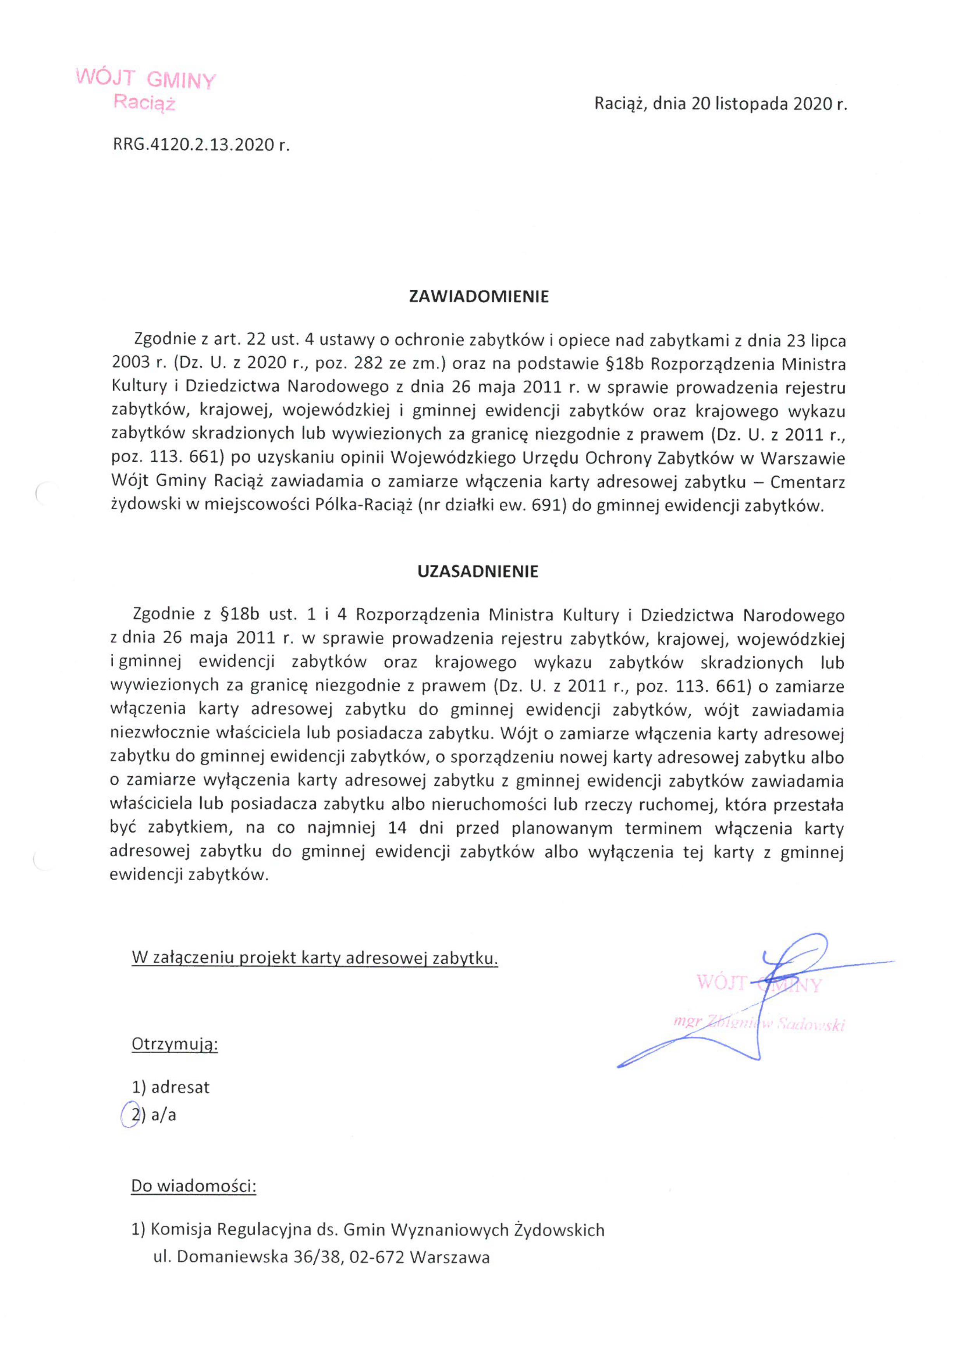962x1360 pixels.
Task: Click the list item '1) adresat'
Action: point(171,1087)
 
